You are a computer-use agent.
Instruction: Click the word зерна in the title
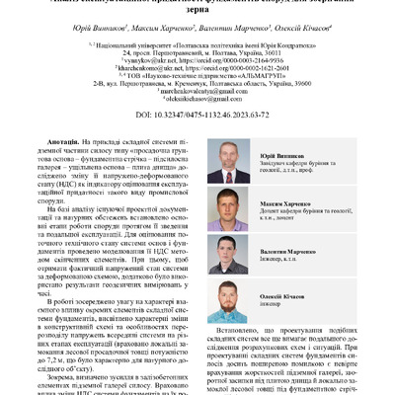[x=197, y=17]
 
